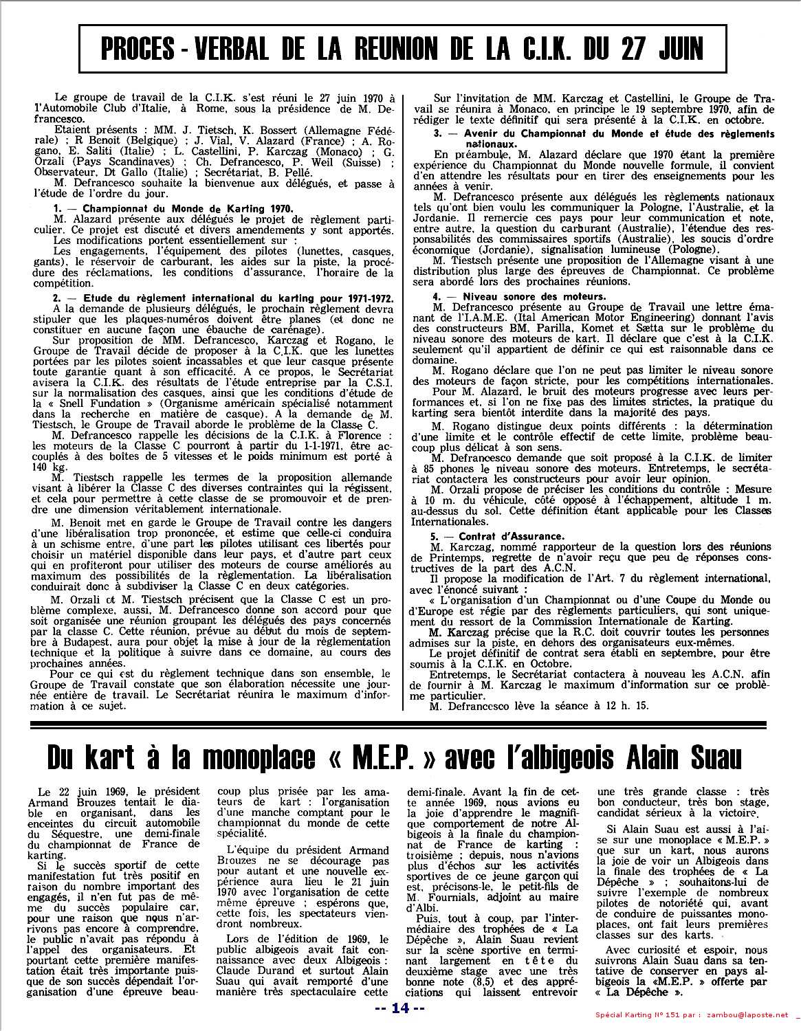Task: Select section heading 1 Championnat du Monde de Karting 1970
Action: point(173,208)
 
